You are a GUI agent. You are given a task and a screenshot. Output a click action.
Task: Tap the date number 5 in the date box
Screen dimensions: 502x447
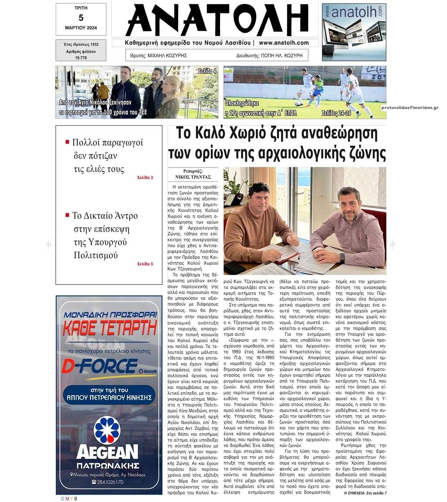(x=81, y=17)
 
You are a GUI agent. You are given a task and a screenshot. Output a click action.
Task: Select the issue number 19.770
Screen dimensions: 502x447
(x=81, y=58)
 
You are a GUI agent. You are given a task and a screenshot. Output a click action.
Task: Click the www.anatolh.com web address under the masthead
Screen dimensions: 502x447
(x=284, y=43)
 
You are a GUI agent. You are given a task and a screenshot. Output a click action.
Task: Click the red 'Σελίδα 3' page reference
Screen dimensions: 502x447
(x=145, y=178)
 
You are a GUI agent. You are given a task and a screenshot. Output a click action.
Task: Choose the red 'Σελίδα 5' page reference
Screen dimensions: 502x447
(x=145, y=264)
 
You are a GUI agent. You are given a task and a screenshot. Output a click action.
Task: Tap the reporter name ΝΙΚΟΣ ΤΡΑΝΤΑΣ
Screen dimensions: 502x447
(x=193, y=177)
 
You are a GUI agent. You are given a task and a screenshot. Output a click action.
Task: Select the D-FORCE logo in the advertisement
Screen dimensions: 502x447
(x=100, y=365)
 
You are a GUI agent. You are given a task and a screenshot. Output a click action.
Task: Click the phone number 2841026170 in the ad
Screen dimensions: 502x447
(x=108, y=482)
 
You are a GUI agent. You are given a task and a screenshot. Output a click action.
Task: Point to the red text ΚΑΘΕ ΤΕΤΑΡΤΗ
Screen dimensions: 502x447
(x=109, y=328)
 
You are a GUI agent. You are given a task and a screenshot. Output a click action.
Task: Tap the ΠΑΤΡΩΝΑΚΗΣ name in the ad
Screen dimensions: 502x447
(x=108, y=464)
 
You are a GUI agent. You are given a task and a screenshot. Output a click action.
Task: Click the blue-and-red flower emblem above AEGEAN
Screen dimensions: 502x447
(x=107, y=430)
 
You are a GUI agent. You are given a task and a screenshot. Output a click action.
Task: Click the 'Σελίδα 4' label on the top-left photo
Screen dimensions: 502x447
(x=207, y=71)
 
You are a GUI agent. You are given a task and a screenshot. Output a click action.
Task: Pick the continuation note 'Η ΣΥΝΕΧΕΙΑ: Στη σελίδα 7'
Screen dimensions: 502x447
(x=365, y=493)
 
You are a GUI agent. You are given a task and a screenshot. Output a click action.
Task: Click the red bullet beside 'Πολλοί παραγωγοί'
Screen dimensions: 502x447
(x=67, y=142)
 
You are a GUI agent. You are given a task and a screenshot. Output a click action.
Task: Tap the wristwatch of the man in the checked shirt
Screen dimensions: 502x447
(x=342, y=258)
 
